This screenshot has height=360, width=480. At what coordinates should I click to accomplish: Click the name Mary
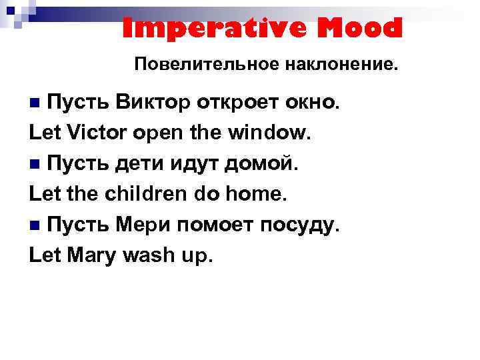(93, 258)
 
